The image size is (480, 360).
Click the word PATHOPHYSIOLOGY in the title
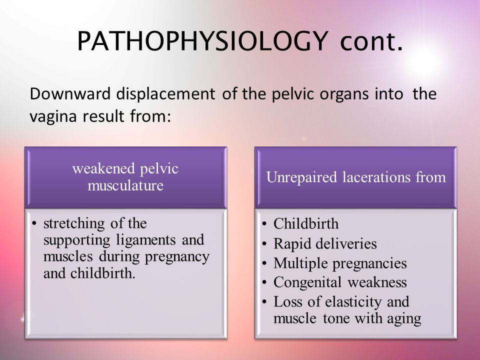pyautogui.click(x=202, y=41)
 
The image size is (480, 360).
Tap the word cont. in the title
pyautogui.click(x=371, y=41)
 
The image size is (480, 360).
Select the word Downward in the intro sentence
pyautogui.click(x=70, y=93)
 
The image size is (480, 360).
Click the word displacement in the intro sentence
pyautogui.click(x=165, y=94)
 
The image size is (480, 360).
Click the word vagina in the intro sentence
pyautogui.click(x=53, y=116)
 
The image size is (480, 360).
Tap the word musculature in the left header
pyautogui.click(x=125, y=185)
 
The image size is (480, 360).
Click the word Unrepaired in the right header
pyautogui.click(x=301, y=177)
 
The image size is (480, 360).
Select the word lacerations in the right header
pyautogui.click(x=376, y=177)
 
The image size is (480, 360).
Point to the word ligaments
pyautogui.click(x=145, y=240)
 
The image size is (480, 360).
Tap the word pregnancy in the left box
pyautogui.click(x=177, y=257)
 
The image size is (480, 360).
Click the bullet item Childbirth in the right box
pyautogui.click(x=306, y=223)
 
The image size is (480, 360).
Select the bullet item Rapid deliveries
pyautogui.click(x=325, y=243)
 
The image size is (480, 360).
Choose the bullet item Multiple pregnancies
pyautogui.click(x=340, y=263)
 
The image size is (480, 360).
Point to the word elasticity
pyautogui.click(x=353, y=302)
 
